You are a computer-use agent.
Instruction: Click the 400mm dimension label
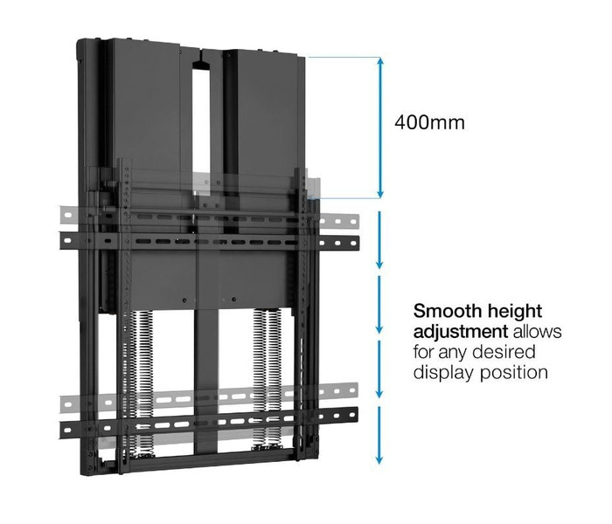pyautogui.click(x=429, y=123)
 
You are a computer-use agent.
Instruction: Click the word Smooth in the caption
pyautogui.click(x=445, y=311)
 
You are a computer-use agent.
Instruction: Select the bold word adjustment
pyautogui.click(x=461, y=333)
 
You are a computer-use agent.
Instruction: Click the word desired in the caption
pyautogui.click(x=506, y=352)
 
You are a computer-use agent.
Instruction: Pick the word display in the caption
pyautogui.click(x=444, y=373)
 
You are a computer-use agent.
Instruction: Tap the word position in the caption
pyautogui.click(x=514, y=373)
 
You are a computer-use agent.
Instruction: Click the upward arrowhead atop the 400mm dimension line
pyautogui.click(x=380, y=62)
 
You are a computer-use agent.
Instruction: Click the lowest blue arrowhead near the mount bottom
pyautogui.click(x=379, y=459)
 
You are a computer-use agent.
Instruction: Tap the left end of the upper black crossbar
pyautogui.click(x=61, y=241)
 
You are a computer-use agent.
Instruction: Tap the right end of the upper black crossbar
pyautogui.click(x=358, y=243)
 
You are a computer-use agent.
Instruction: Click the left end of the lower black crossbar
pyautogui.click(x=61, y=430)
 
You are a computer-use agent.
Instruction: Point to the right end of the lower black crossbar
pyautogui.click(x=357, y=415)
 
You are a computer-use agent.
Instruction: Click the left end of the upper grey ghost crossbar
pyautogui.click(x=61, y=215)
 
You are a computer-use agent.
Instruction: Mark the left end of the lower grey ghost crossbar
pyautogui.click(x=61, y=403)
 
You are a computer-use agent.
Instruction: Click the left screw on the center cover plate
pyautogui.click(x=184, y=300)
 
